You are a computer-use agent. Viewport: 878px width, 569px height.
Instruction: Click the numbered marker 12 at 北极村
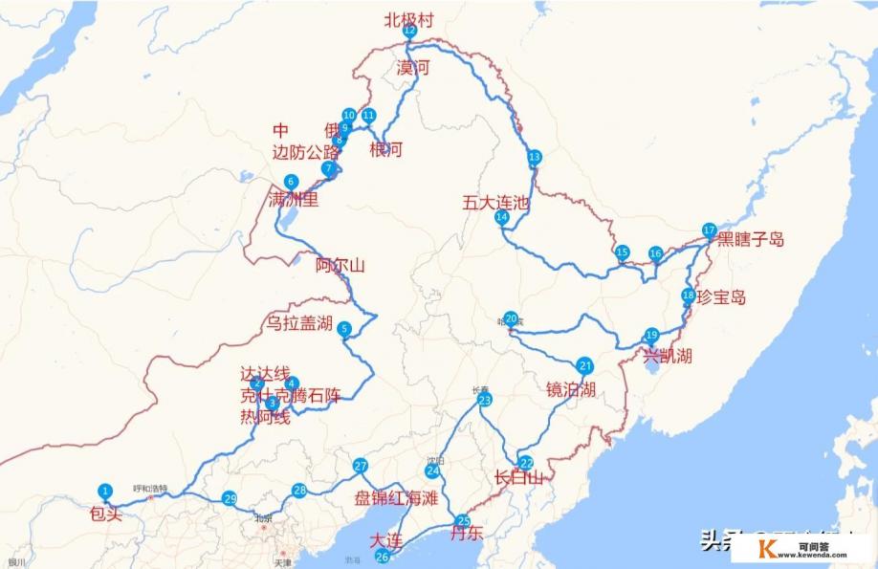click(x=409, y=31)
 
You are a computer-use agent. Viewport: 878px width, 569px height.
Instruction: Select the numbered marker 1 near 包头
click(x=105, y=491)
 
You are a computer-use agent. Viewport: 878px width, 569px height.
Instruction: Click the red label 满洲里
click(x=294, y=201)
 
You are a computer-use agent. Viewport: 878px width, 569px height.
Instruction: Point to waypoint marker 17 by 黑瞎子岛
click(x=709, y=230)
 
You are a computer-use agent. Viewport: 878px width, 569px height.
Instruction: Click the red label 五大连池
click(x=495, y=203)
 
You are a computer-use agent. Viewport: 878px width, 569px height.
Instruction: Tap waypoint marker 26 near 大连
click(x=383, y=557)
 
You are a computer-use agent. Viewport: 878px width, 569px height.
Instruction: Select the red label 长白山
click(x=519, y=477)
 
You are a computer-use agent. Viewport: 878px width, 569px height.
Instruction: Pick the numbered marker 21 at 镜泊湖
click(x=585, y=365)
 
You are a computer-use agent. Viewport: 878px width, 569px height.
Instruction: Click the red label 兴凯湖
click(x=668, y=356)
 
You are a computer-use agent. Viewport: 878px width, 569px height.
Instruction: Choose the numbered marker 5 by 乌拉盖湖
click(x=344, y=330)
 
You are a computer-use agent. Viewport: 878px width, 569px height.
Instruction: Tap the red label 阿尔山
click(x=340, y=266)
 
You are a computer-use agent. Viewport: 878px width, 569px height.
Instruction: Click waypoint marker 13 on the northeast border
click(x=534, y=156)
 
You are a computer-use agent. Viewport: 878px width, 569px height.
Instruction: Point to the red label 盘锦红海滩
click(x=396, y=498)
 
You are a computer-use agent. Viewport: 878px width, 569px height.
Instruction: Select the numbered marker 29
click(x=229, y=498)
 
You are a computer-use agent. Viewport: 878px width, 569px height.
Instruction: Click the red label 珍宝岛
click(x=721, y=297)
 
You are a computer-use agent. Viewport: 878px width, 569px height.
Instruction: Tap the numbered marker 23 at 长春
click(x=485, y=400)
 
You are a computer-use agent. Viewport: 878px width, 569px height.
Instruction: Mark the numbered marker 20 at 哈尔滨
click(x=511, y=318)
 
